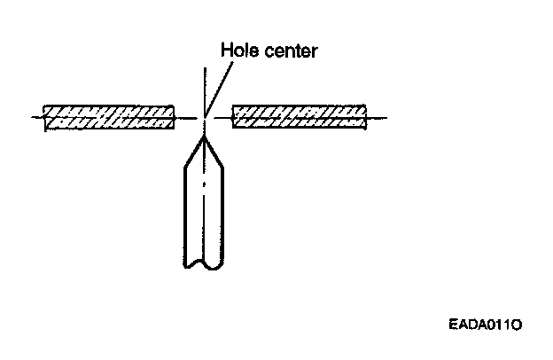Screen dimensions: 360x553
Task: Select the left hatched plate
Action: click(x=108, y=117)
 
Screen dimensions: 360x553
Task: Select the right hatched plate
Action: click(x=299, y=117)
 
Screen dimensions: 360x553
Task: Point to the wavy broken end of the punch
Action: click(x=203, y=263)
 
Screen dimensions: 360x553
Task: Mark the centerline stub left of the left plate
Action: click(x=35, y=117)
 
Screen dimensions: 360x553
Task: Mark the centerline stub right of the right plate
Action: click(x=378, y=117)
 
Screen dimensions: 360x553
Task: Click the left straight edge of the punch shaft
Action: click(x=183, y=213)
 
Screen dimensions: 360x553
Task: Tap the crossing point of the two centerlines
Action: click(x=205, y=117)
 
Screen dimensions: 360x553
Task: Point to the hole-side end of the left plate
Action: click(x=174, y=117)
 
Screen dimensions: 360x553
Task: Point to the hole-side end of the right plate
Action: click(x=232, y=117)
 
